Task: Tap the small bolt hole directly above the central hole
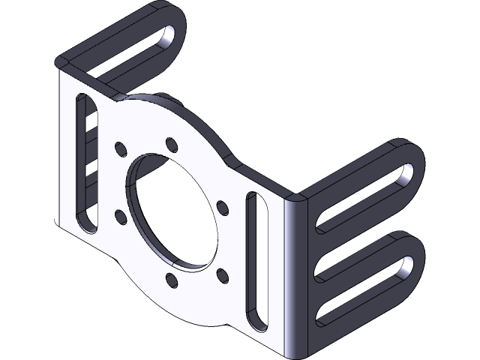point(172,142)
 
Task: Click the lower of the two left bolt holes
point(120,217)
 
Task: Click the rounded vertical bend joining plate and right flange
point(297,277)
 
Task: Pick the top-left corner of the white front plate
point(59,66)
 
